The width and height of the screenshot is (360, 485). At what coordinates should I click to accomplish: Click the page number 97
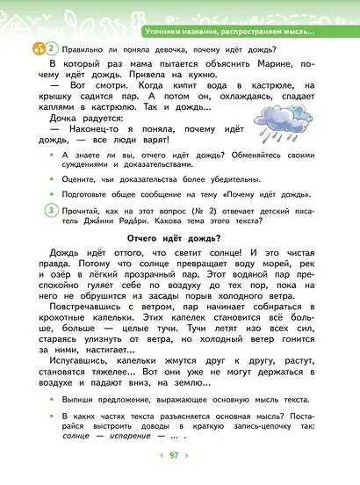pos(174,455)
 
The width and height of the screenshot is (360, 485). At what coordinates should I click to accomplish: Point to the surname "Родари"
pos(100,223)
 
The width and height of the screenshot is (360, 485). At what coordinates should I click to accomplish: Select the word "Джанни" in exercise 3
pos(67,223)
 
